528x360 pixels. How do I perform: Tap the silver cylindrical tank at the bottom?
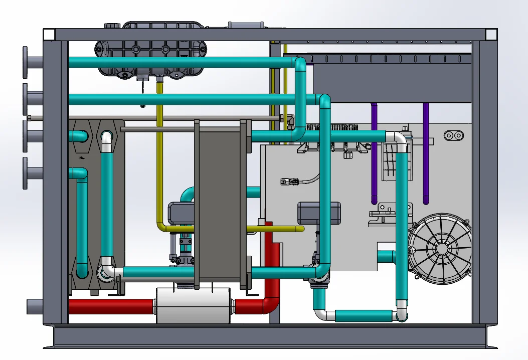click(193, 305)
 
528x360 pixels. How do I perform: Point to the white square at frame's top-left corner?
click(49, 35)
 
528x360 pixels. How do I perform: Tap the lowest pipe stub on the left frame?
click(34, 305)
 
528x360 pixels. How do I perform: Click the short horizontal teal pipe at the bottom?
click(363, 315)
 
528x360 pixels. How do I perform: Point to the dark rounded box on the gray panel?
click(319, 213)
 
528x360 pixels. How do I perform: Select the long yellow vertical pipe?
click(160, 150)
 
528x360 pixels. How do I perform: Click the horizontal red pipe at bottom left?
click(110, 306)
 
